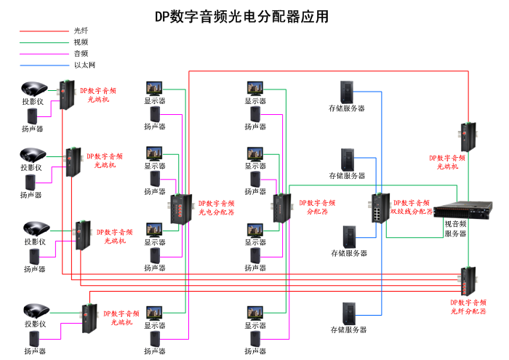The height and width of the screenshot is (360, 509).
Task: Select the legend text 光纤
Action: pos(81,31)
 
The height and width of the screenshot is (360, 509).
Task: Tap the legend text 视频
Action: pos(81,42)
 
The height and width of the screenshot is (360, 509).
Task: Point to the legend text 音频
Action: pos(81,54)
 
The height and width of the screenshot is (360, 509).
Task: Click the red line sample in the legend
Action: pos(44,31)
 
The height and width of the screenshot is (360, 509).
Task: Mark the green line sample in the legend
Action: pos(44,42)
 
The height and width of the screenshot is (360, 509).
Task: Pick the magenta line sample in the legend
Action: pos(44,54)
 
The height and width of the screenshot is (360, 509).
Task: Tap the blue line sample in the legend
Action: pos(44,65)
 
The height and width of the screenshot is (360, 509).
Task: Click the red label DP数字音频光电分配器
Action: pos(217,208)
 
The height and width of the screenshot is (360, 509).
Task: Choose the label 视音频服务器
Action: pos(455,229)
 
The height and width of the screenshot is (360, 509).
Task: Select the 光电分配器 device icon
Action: pos(180,209)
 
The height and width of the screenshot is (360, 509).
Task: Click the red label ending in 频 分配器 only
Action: pos(317,207)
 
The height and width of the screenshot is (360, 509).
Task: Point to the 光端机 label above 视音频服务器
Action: pos(447,161)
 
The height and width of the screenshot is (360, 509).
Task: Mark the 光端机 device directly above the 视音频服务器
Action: pos(467,135)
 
